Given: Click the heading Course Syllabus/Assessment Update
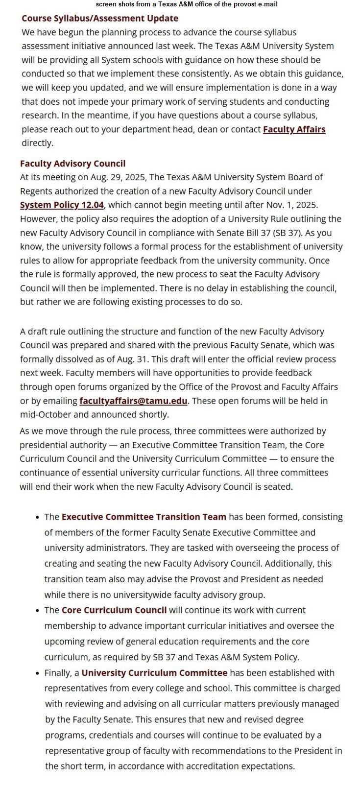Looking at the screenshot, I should [x=100, y=19].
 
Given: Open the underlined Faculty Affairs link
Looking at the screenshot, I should [x=294, y=129].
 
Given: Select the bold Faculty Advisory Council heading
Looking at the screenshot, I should [x=72, y=164].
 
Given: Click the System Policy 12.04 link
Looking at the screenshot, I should [x=62, y=205].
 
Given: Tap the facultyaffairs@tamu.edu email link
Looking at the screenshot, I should [x=133, y=401].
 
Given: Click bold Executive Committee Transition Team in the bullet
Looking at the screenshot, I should [x=144, y=517].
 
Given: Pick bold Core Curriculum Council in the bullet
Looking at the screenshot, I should [x=114, y=610].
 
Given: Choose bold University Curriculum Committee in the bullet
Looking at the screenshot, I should [x=154, y=673].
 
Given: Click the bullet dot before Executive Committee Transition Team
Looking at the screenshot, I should [x=38, y=517].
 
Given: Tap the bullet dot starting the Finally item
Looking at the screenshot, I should [x=38, y=673].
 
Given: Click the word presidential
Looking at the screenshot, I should [x=48, y=445].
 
